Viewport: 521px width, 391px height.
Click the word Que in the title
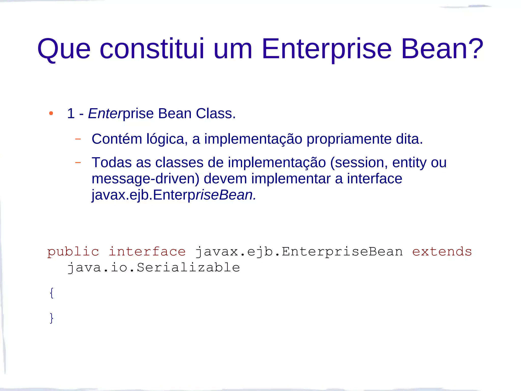tap(64, 49)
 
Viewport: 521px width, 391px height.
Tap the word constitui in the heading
tap(152, 49)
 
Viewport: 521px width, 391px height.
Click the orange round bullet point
tap(51, 113)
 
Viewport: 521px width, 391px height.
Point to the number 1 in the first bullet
tap(71, 113)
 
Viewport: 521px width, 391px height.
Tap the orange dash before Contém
tap(78, 139)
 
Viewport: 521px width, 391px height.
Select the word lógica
tap(167, 139)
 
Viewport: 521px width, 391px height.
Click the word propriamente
tap(349, 139)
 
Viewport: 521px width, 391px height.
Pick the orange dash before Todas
tap(78, 162)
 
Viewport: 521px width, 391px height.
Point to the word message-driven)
tap(145, 178)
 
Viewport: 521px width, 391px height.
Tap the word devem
tap(225, 178)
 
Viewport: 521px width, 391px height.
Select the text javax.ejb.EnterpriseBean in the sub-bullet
tap(173, 195)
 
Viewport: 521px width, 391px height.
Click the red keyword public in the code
tap(73, 252)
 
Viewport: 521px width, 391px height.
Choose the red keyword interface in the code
tap(147, 252)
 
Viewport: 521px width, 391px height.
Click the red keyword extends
tap(442, 252)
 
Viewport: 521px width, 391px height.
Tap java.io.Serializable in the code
tap(153, 268)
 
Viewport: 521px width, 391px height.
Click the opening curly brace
tap(52, 293)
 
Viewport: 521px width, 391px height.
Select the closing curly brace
tap(52, 318)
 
